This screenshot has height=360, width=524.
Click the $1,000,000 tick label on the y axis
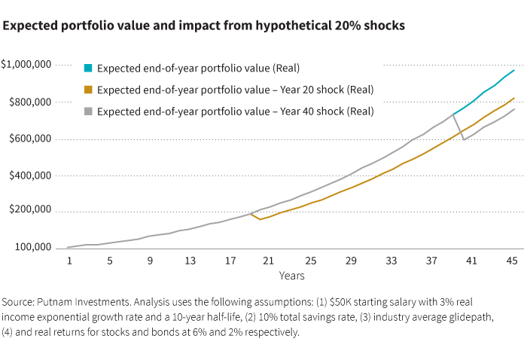26,65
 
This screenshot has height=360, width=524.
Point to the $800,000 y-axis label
29,102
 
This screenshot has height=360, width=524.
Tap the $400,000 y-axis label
29,175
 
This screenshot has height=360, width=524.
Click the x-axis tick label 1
69,261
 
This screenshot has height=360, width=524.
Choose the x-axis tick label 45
510,261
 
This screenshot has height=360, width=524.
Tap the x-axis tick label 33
391,261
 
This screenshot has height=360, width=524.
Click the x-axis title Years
291,276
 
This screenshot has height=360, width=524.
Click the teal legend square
88,69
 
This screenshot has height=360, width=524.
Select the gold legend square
88,90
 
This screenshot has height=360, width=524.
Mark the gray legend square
88,111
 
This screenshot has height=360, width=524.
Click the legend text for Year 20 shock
236,90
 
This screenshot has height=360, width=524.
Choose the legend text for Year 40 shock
236,111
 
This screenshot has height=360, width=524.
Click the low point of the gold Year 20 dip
260,219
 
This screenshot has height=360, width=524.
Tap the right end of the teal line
514,70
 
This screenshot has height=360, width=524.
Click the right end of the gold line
514,98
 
